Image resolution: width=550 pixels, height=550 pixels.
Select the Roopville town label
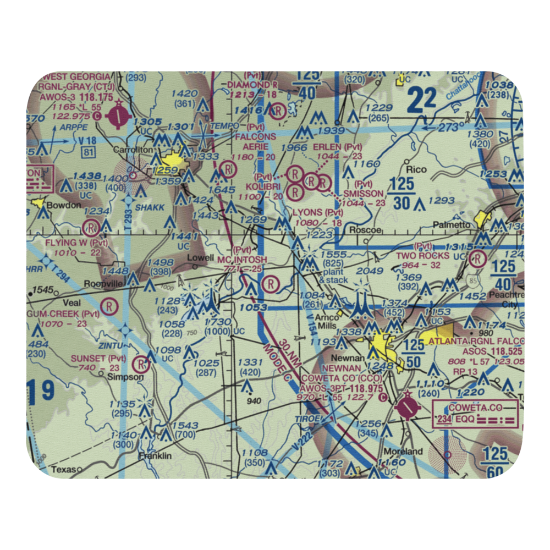pyautogui.click(x=102, y=284)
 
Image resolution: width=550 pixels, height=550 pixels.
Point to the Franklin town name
pyautogui.click(x=155, y=456)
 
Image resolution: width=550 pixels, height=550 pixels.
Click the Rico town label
pyautogui.click(x=416, y=169)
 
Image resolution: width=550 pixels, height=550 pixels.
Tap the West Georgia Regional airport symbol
pyautogui.click(x=118, y=116)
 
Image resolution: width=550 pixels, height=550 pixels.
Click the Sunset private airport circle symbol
pyautogui.click(x=143, y=364)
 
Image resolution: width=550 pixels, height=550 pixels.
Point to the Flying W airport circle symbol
pyautogui.click(x=91, y=227)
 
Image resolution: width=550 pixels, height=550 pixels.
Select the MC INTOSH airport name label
pyautogui.click(x=242, y=260)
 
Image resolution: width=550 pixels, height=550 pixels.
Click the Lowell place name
pyautogui.click(x=200, y=257)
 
